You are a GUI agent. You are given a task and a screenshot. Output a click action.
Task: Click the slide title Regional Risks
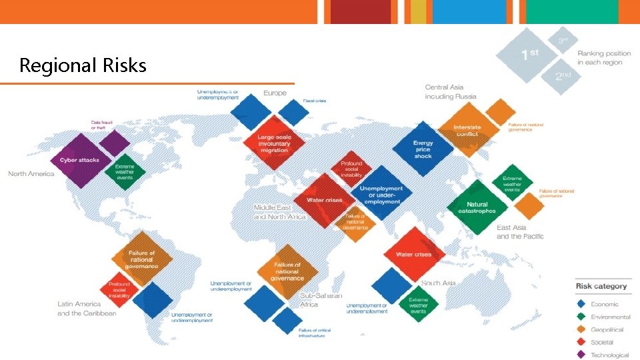click(83, 65)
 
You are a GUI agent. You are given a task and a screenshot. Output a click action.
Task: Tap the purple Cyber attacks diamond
click(79, 160)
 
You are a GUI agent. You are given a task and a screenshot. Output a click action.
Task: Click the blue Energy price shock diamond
click(423, 149)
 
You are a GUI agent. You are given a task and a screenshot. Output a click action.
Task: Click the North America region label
click(31, 174)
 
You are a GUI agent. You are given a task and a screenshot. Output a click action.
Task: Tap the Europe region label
click(275, 93)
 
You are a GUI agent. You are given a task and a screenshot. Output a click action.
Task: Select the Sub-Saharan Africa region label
click(321, 300)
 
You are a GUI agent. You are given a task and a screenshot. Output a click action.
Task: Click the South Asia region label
click(438, 283)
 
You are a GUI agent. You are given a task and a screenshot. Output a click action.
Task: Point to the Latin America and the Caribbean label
click(87, 309)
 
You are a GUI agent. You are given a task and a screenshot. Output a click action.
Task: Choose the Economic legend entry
click(604, 304)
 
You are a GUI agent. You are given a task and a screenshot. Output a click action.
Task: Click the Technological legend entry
click(609, 355)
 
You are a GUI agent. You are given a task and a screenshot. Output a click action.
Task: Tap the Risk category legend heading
click(601, 286)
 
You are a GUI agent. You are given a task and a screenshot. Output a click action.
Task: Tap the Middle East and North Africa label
click(279, 212)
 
